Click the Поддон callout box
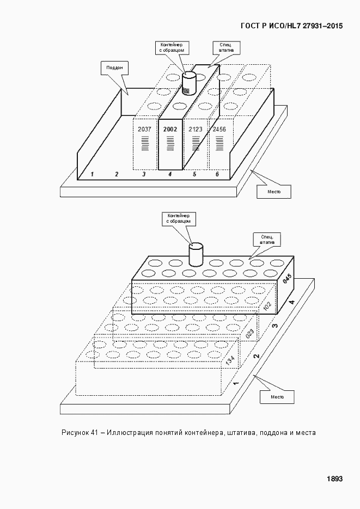(114, 68)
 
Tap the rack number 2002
(170, 130)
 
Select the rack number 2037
(144, 130)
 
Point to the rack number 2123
(196, 130)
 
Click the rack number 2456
(219, 130)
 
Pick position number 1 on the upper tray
(92, 174)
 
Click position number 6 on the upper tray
(217, 174)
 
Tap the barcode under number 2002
(170, 144)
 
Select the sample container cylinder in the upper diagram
(188, 83)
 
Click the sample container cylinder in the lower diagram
(196, 255)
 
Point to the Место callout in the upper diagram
(274, 192)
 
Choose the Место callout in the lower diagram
(277, 397)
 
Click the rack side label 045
(287, 279)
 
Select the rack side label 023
(251, 334)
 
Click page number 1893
(334, 479)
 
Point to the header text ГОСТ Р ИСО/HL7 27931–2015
(291, 26)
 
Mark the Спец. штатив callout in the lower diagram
(267, 240)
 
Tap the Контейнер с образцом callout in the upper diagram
(172, 47)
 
